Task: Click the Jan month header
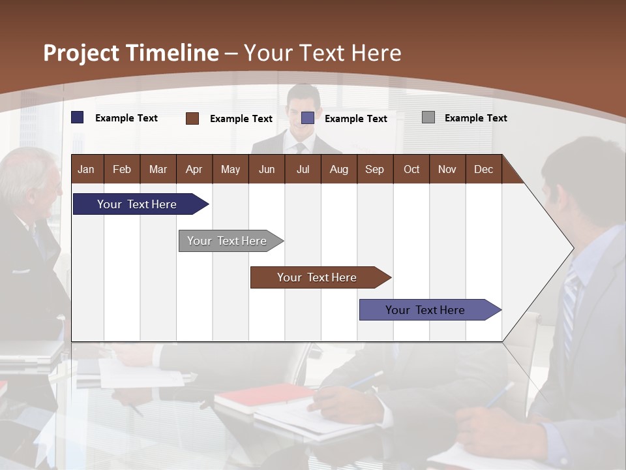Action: click(x=86, y=169)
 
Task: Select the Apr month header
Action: click(x=194, y=169)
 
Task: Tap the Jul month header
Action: click(x=303, y=169)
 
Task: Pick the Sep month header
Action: click(x=374, y=169)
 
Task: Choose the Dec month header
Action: click(x=483, y=169)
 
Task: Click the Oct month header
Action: click(x=411, y=169)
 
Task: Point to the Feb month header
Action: click(x=122, y=169)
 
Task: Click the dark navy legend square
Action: click(x=78, y=117)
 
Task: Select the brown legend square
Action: click(x=192, y=118)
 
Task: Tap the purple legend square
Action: click(x=308, y=118)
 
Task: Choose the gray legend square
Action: click(x=428, y=117)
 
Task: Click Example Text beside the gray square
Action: click(x=475, y=118)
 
